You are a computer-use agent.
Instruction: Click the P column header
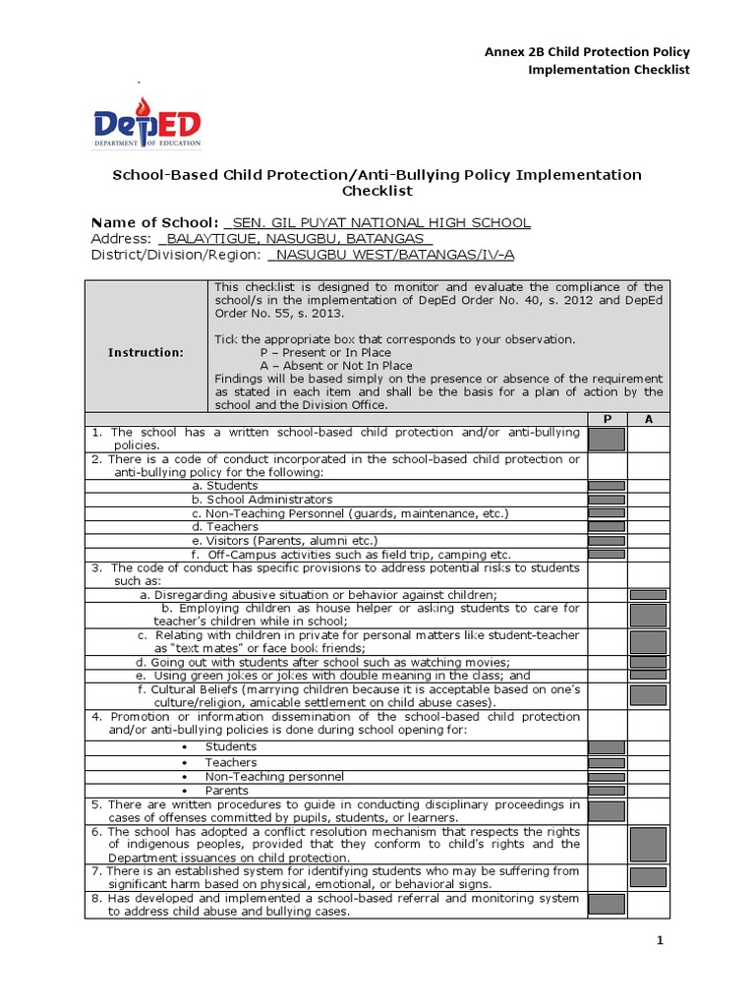point(607,418)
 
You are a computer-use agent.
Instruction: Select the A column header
point(647,418)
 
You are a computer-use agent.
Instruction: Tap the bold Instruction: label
point(145,352)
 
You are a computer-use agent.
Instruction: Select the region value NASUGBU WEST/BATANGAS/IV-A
point(391,255)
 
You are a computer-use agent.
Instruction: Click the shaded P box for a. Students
point(607,486)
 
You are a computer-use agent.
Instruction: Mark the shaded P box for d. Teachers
point(607,527)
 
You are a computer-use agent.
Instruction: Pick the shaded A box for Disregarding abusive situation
point(648,595)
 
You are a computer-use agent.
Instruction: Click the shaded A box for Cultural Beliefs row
point(648,696)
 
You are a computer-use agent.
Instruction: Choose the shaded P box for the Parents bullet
point(607,790)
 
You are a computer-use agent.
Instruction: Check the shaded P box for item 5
point(607,811)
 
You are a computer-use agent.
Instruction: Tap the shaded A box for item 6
point(648,845)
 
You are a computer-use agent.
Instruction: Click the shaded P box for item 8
point(607,905)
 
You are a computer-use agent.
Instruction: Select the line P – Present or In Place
point(325,352)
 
